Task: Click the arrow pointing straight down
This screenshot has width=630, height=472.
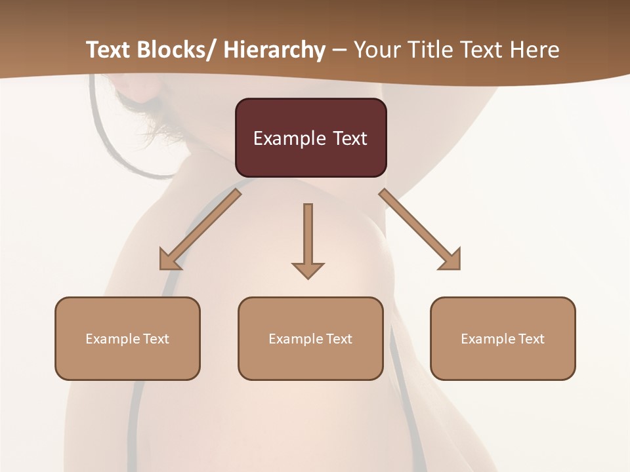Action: (308, 239)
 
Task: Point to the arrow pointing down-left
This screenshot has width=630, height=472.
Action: (200, 229)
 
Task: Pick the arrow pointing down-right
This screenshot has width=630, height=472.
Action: (420, 229)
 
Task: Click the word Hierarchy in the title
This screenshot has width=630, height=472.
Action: (274, 50)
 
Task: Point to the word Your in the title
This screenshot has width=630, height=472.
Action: (376, 50)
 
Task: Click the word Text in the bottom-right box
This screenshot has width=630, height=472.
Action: (531, 339)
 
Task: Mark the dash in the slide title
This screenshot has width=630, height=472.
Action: (339, 50)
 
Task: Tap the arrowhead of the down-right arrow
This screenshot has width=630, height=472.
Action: (451, 260)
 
